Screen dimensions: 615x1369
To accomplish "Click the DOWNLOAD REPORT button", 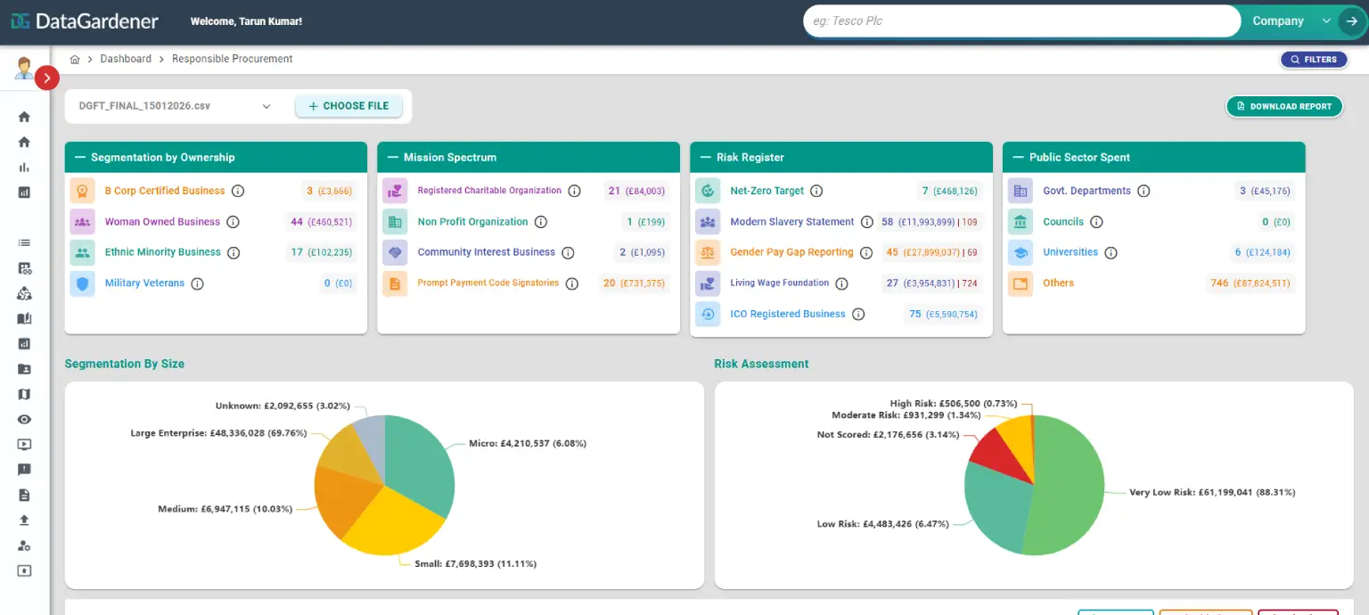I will [1284, 106].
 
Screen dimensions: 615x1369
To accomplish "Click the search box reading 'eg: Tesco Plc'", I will [1021, 21].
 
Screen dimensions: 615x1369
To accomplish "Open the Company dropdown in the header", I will [1289, 21].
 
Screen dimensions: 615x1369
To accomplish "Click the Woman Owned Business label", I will [162, 222].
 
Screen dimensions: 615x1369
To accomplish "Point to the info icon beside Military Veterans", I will [198, 283].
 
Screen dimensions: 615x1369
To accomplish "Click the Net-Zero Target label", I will [766, 191].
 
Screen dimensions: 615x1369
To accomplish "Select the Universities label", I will [1070, 252].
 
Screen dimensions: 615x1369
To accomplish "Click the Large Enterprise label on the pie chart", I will [218, 433].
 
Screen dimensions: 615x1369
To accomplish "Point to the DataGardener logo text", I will [96, 21].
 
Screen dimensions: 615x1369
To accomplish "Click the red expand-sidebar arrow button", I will [47, 78].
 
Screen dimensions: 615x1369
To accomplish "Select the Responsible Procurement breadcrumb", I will [232, 59].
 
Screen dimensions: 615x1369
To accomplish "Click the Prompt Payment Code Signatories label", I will [488, 283].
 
